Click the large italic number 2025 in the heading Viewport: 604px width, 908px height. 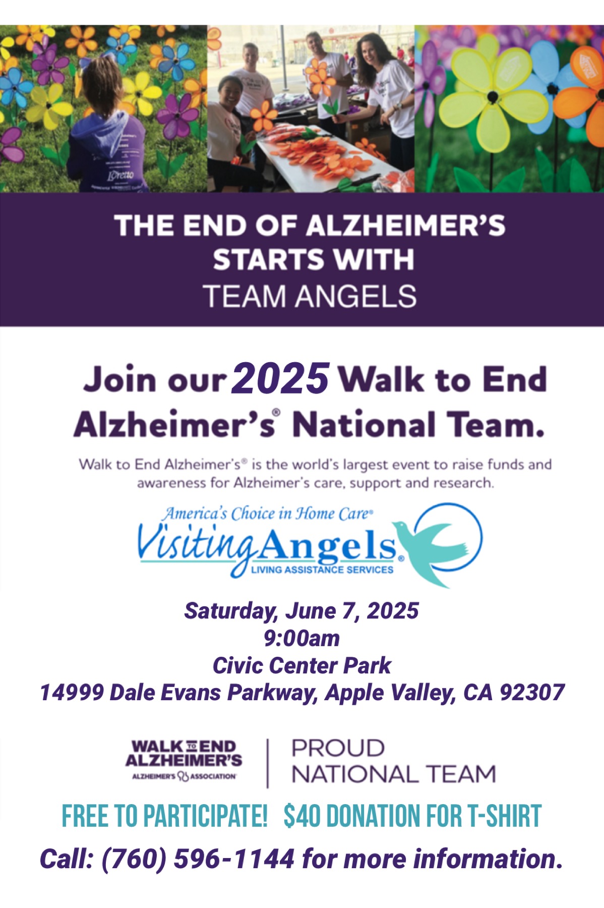[x=280, y=379]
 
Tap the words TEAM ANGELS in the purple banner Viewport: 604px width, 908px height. [x=310, y=296]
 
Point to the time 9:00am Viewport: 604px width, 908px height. [x=301, y=638]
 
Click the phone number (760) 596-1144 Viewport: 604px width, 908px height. [x=198, y=859]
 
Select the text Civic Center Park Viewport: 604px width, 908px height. [x=301, y=665]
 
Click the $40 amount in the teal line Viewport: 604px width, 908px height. [x=301, y=816]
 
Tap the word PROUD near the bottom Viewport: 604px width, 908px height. [x=338, y=748]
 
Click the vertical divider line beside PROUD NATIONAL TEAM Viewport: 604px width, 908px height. [x=267, y=763]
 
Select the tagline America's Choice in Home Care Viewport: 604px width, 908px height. [x=267, y=514]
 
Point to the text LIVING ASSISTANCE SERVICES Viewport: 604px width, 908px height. [x=322, y=570]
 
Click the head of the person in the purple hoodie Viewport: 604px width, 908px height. [x=102, y=88]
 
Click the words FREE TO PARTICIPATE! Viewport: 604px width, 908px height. [x=164, y=816]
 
